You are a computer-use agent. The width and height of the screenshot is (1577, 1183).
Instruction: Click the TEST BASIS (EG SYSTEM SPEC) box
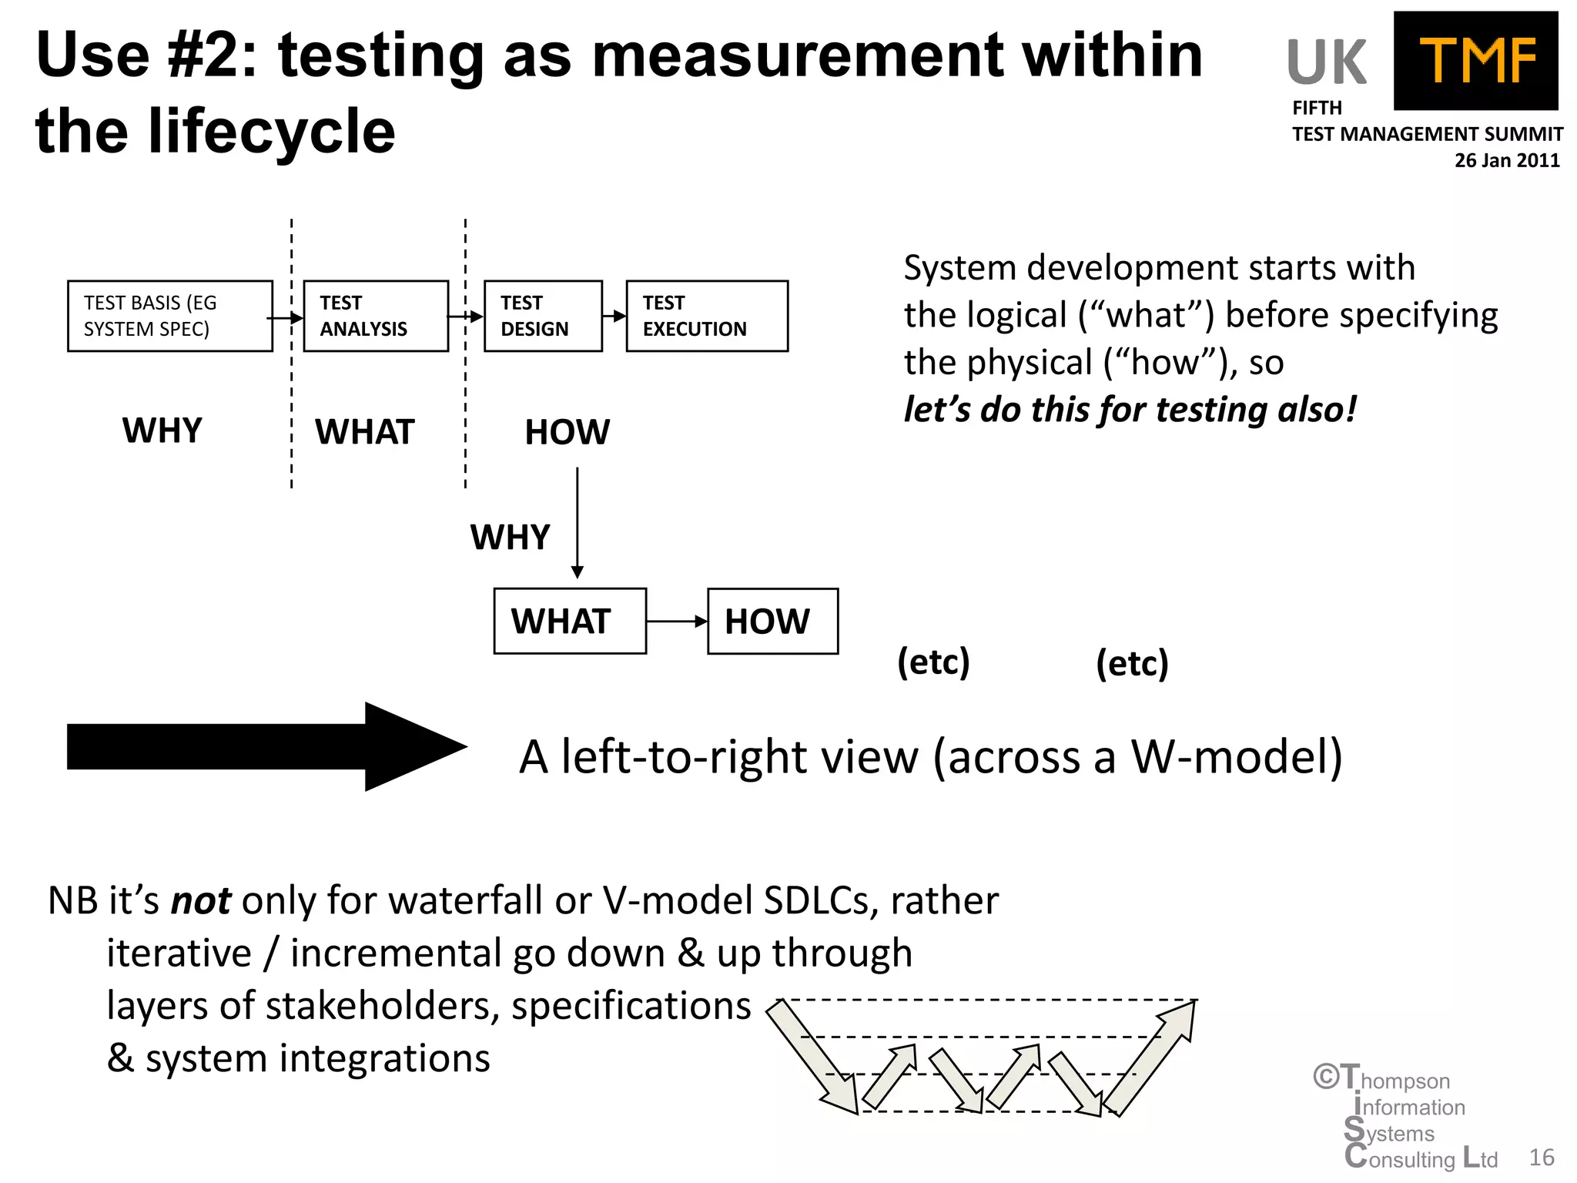click(169, 316)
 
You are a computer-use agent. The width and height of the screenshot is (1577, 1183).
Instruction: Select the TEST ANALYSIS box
click(376, 316)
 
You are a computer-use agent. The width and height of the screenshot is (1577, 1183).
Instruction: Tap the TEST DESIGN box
click(543, 316)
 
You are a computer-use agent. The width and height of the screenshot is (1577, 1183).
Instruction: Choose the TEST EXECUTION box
click(707, 316)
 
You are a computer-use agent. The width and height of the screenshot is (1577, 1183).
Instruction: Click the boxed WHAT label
click(570, 621)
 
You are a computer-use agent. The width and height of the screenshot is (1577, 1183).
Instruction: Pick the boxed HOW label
click(772, 621)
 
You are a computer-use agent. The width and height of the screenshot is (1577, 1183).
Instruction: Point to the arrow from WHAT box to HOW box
click(676, 621)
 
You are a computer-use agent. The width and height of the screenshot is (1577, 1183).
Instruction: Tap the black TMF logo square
click(1475, 61)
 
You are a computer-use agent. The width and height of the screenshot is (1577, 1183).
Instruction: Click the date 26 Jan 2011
click(1506, 160)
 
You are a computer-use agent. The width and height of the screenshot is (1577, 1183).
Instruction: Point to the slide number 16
click(1542, 1157)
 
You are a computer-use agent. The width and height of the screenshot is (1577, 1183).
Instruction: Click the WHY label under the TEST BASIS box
click(162, 430)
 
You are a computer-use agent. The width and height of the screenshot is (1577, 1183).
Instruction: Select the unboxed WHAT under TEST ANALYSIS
click(364, 431)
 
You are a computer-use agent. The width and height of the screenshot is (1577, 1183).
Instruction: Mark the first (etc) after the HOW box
click(933, 662)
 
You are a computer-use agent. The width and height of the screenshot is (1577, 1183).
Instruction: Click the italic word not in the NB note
click(200, 900)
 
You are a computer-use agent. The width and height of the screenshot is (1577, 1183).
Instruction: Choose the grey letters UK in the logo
click(1326, 62)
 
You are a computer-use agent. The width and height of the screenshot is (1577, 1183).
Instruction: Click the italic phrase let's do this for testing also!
click(1130, 409)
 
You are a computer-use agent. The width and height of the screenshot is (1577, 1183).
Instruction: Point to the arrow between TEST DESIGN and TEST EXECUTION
click(614, 316)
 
